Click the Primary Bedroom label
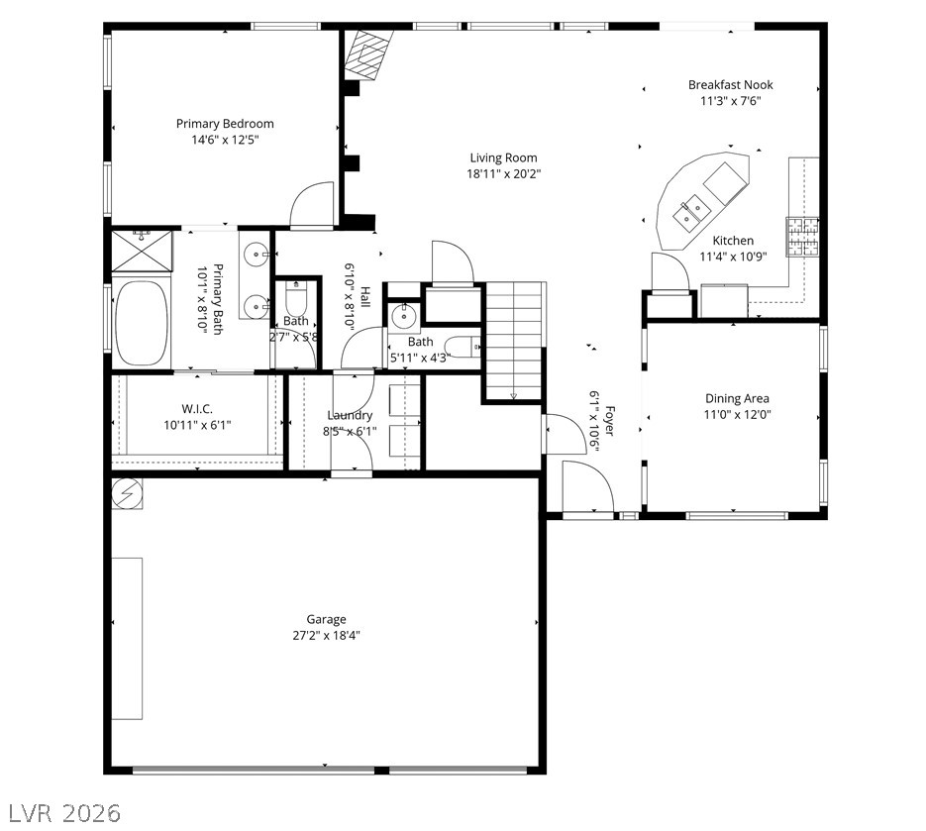point(225,124)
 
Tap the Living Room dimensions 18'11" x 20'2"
point(504,174)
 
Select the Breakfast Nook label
point(731,85)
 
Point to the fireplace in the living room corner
point(368,54)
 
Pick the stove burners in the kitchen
point(802,237)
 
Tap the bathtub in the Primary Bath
point(142,323)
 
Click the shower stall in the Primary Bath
point(142,251)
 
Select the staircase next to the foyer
point(514,342)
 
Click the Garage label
point(326,620)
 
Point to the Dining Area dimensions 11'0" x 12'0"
point(737,415)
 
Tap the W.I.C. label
point(197,409)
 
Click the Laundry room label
point(350,416)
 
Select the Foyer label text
point(610,421)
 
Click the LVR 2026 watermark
point(65,813)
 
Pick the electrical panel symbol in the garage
point(127,493)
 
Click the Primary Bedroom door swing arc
point(311,195)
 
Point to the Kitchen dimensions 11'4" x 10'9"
point(733,257)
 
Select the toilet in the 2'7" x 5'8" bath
point(296,298)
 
